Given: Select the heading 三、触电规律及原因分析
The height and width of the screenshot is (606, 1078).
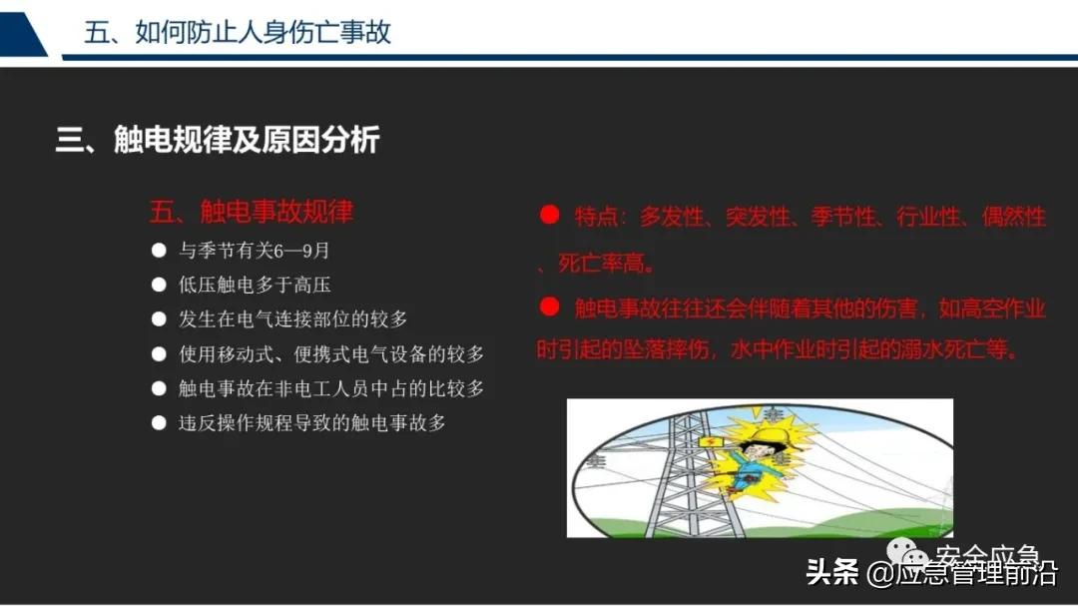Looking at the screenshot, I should [x=217, y=140].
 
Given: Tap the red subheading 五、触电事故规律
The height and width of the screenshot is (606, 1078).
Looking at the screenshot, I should [x=251, y=212].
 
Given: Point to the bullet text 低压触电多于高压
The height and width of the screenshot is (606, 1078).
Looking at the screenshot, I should [x=255, y=286].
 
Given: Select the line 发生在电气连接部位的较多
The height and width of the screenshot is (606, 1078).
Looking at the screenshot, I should [x=292, y=319].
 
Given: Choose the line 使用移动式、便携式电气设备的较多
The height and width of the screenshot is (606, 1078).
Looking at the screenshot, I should [x=331, y=354].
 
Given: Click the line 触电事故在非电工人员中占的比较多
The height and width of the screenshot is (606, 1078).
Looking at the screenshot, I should [x=331, y=388].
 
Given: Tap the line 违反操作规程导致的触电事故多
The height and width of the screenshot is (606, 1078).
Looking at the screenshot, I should [x=311, y=423].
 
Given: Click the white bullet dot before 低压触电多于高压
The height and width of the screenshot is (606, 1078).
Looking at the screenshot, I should [x=159, y=286].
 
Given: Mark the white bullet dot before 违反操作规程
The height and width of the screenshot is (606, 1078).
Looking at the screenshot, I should [x=159, y=423].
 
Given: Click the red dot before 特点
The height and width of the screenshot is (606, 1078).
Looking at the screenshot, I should [x=548, y=215].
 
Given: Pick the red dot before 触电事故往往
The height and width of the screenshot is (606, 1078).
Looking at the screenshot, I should [x=548, y=306].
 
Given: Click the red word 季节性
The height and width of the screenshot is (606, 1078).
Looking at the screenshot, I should [x=844, y=217].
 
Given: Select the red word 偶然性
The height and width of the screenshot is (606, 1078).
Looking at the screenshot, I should [x=1014, y=217].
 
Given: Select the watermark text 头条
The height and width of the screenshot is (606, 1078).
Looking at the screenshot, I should [x=831, y=574].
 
